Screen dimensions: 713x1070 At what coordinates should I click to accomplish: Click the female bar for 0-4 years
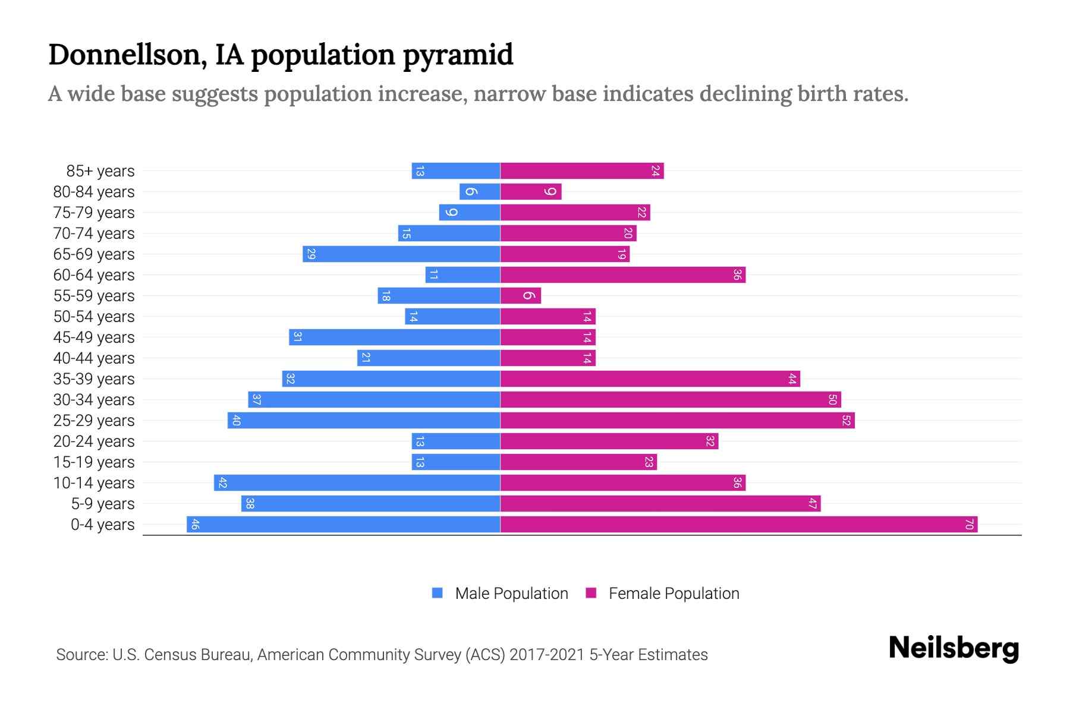click(x=739, y=524)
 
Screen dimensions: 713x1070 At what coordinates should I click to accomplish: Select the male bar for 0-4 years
click(x=344, y=524)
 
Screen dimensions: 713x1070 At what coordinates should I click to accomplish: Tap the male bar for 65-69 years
click(x=401, y=254)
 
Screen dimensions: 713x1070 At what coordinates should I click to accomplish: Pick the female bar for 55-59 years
click(x=521, y=295)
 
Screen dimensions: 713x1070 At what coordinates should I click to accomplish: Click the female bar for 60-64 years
click(x=623, y=275)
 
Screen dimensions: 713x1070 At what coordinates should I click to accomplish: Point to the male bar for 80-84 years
click(x=480, y=191)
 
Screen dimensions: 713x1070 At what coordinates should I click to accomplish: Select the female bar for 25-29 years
click(x=678, y=420)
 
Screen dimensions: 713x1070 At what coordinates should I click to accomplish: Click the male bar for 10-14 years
click(x=357, y=482)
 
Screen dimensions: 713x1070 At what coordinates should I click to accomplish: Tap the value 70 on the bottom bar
click(x=969, y=524)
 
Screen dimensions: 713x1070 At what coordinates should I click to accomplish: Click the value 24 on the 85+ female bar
click(x=655, y=171)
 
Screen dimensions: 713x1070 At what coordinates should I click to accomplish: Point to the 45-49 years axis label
click(x=94, y=337)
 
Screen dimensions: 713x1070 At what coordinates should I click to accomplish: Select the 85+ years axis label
click(x=100, y=171)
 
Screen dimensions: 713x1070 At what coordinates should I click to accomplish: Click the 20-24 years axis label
click(x=94, y=441)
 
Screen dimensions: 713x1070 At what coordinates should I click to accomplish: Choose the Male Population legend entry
click(x=511, y=593)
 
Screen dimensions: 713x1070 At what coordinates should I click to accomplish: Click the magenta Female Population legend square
click(x=591, y=593)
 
